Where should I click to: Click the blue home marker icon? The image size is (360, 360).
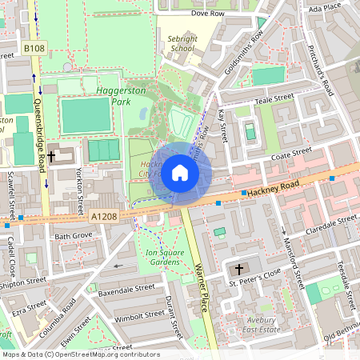tap(180, 172)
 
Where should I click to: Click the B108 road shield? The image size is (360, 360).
tap(34, 50)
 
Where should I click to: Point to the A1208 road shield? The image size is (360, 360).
tap(103, 216)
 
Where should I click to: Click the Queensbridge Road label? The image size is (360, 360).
tap(38, 128)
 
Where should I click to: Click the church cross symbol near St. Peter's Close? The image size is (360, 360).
tap(239, 270)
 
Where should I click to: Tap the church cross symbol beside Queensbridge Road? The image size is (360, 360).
tap(52, 157)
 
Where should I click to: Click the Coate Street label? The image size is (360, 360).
tap(290, 152)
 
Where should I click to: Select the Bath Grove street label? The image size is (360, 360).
tap(74, 237)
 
